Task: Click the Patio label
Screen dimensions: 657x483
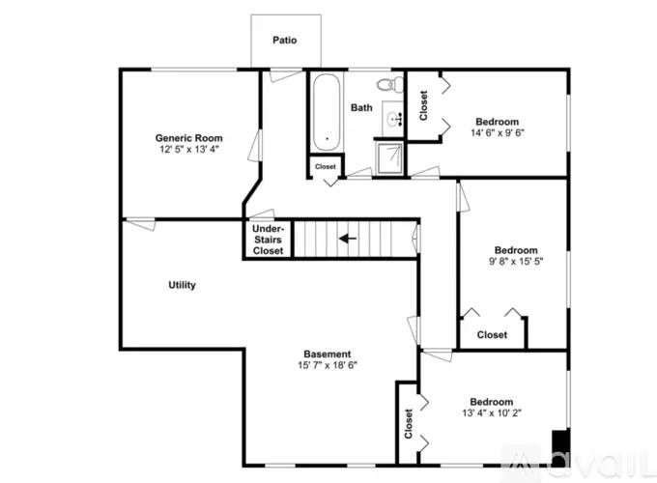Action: click(284, 41)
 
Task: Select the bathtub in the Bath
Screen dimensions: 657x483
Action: click(326, 112)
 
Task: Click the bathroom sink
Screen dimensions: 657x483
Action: click(394, 119)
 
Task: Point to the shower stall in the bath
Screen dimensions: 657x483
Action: click(390, 157)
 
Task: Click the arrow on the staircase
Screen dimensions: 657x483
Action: click(348, 239)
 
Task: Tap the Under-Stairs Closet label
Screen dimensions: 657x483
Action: click(268, 240)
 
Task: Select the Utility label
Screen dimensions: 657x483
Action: click(182, 285)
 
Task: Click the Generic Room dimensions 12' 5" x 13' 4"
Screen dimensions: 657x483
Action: click(189, 149)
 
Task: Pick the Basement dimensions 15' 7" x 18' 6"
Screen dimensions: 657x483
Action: click(328, 365)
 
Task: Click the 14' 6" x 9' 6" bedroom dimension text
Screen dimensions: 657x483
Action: click(498, 132)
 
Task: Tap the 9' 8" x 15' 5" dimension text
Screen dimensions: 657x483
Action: click(516, 261)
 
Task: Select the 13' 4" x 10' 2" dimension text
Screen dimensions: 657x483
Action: click(492, 412)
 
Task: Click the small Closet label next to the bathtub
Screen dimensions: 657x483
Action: click(326, 166)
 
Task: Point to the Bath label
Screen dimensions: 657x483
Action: click(361, 107)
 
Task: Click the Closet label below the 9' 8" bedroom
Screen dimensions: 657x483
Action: click(492, 334)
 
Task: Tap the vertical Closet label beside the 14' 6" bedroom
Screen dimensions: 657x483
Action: click(423, 105)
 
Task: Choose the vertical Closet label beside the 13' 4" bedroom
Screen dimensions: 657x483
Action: click(409, 424)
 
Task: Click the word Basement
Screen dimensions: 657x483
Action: click(328, 354)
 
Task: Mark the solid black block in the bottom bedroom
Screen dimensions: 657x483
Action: click(560, 447)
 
